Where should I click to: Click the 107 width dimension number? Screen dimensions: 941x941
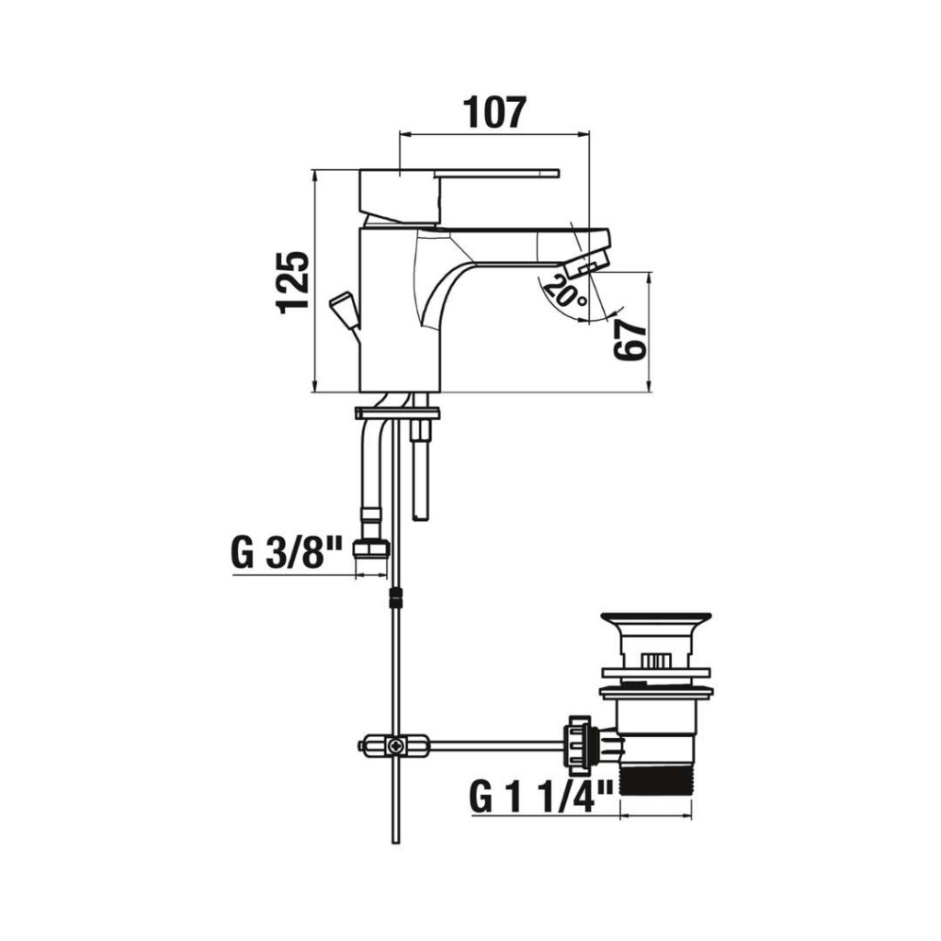click(x=495, y=112)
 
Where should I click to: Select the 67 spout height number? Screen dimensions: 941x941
click(x=630, y=339)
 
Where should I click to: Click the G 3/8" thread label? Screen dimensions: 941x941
click(x=287, y=553)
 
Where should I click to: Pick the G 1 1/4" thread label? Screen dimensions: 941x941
click(x=541, y=796)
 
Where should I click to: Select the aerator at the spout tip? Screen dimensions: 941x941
click(x=586, y=264)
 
